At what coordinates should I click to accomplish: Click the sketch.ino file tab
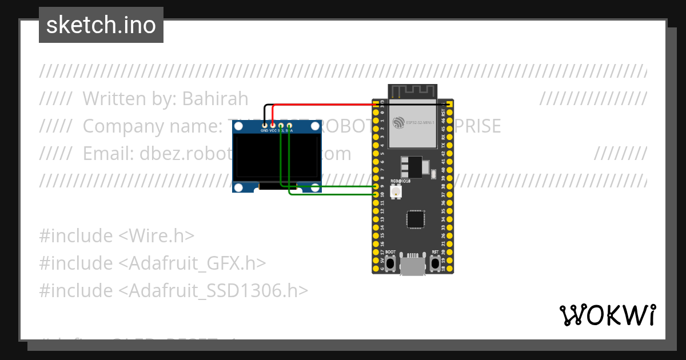point(101,25)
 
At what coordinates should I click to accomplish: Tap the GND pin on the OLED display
point(264,125)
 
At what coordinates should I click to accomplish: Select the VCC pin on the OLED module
point(273,125)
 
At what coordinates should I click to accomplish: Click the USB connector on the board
point(412,266)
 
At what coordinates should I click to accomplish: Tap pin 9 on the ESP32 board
point(376,186)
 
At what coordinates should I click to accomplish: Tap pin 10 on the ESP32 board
point(376,195)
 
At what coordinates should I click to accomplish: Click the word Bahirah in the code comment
point(215,99)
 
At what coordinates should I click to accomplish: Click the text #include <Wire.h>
point(117,235)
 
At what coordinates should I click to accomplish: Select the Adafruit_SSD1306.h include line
point(174,290)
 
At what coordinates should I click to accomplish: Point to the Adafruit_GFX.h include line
point(153,263)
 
